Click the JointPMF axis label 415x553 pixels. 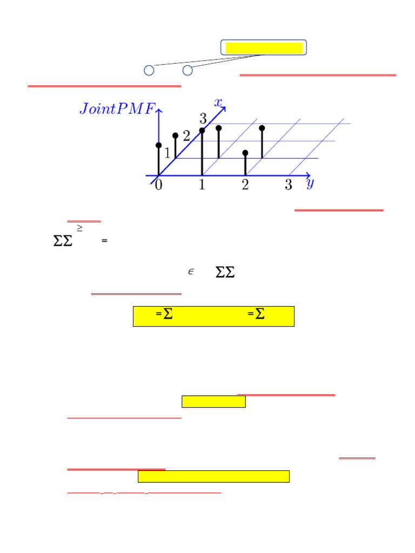point(117,109)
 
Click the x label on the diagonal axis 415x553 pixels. point(218,102)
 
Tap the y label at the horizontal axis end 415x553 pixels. point(310,184)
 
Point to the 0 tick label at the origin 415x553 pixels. point(158,185)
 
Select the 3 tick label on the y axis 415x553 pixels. point(289,185)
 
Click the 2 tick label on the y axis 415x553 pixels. point(245,185)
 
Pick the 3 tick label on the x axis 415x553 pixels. point(203,118)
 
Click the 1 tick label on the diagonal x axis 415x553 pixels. point(168,153)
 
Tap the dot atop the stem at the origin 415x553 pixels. point(158,145)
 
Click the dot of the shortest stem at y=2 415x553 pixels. point(245,153)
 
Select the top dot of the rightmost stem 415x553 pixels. point(262,128)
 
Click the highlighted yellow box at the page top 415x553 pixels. point(264,48)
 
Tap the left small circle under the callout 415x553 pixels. point(149,70)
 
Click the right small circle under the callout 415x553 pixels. point(188,70)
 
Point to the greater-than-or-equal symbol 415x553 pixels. point(79,230)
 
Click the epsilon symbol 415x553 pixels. point(191,272)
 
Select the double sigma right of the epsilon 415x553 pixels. point(225,273)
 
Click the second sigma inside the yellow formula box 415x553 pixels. point(260,315)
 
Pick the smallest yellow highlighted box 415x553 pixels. point(213,401)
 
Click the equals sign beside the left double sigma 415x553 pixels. point(104,241)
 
